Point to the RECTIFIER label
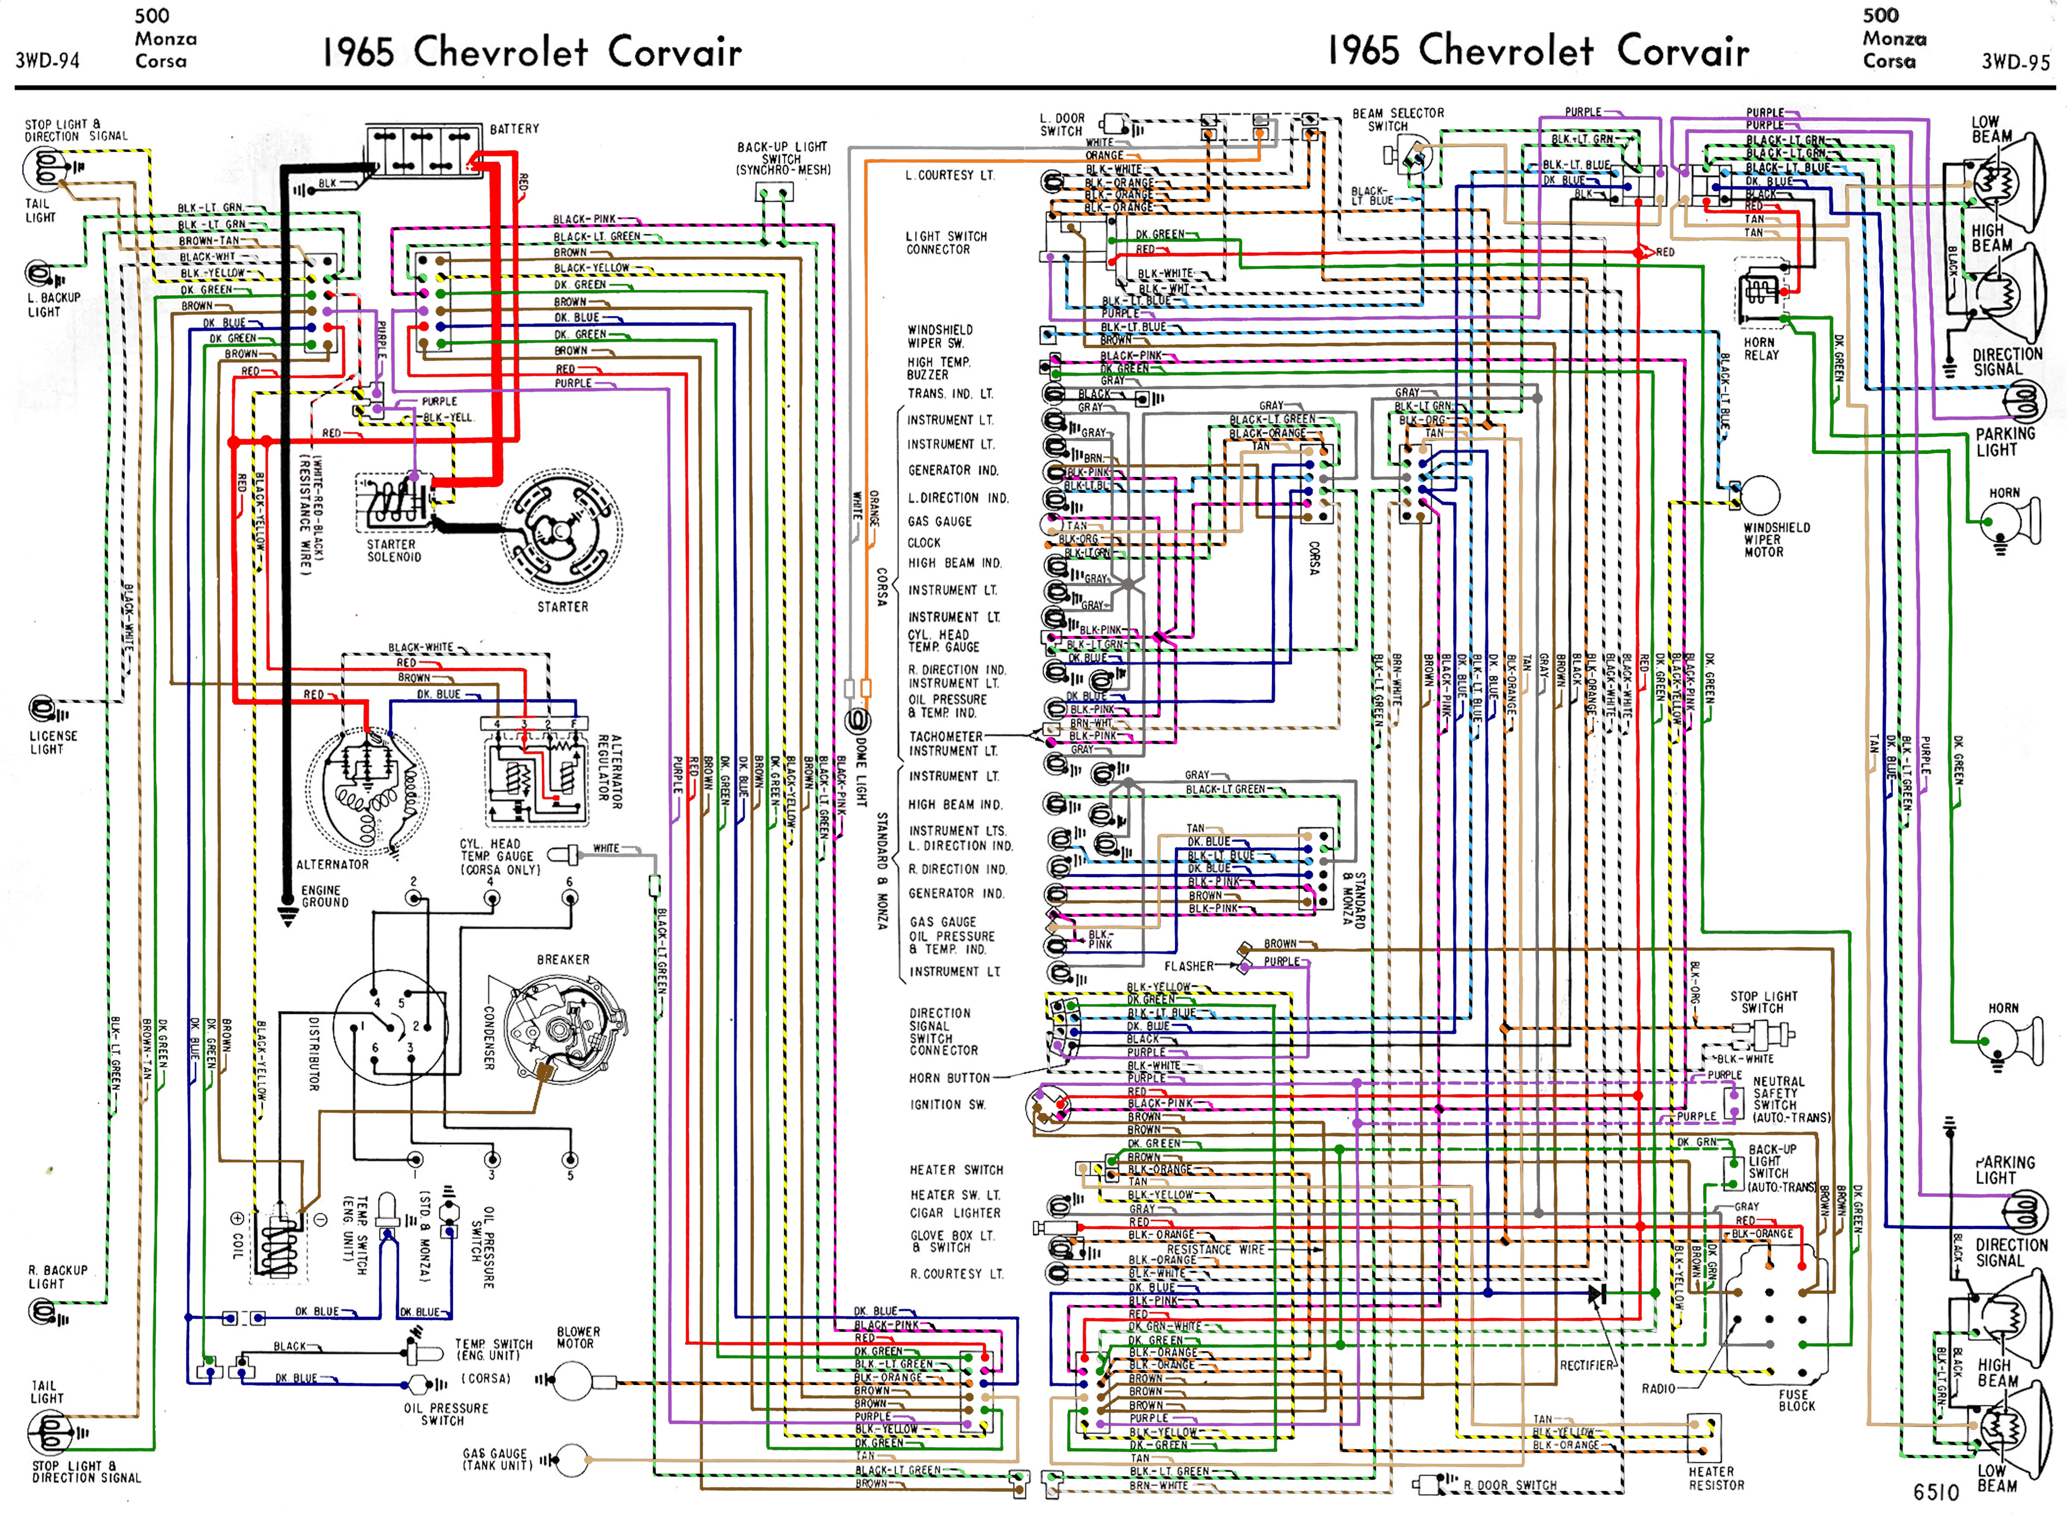pos(1586,1365)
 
